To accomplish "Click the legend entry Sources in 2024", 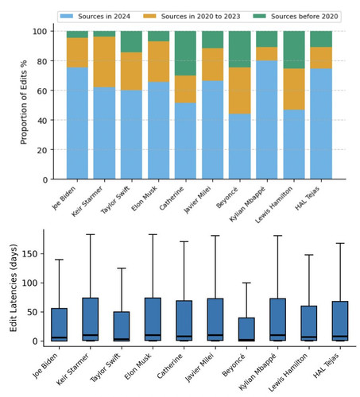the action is click(95, 17).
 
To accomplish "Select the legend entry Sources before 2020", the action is click(296, 17).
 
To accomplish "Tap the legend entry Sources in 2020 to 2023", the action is click(192, 17).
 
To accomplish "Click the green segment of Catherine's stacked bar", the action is click(185, 53).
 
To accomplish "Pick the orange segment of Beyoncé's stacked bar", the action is click(240, 91).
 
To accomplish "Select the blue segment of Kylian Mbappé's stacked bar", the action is click(267, 120).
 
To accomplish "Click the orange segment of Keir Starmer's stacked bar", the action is click(104, 62).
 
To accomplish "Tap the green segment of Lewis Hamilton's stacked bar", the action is click(294, 50).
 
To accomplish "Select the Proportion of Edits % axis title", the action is click(24, 102).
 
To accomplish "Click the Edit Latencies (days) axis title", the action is click(14, 287).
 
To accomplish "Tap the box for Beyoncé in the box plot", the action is click(246, 330).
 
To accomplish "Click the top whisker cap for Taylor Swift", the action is click(122, 268).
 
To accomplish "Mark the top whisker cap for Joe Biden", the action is click(59, 260).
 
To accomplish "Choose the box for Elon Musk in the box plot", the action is click(153, 319).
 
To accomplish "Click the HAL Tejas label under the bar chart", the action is click(308, 198).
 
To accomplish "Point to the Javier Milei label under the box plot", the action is click(200, 368).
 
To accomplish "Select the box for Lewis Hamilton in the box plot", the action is click(309, 323).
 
